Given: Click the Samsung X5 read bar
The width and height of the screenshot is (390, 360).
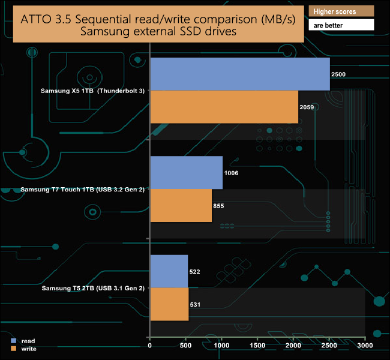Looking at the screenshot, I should click(240, 74).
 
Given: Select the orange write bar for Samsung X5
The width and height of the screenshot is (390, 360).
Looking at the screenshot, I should click(224, 107).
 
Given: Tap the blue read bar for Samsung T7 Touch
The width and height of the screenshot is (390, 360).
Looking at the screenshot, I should click(186, 173).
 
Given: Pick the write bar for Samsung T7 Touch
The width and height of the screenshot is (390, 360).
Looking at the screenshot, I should click(181, 206).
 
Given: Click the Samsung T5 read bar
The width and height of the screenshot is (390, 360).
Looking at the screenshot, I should click(169, 271).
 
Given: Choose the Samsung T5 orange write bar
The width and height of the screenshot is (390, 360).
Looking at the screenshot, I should click(169, 304).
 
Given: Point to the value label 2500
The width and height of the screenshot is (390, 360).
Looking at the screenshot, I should click(338, 74).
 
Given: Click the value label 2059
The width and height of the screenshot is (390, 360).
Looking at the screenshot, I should click(307, 107).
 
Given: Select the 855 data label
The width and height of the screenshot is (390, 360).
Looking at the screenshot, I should click(218, 206).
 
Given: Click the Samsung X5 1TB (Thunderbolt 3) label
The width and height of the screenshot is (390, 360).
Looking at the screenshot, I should click(92, 91).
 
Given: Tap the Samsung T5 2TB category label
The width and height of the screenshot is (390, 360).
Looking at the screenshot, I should click(93, 288).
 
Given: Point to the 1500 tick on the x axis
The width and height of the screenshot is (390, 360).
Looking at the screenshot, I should click(257, 346).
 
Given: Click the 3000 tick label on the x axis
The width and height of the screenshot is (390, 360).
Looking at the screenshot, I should click(365, 346).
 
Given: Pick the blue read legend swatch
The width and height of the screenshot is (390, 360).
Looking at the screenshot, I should click(13, 341).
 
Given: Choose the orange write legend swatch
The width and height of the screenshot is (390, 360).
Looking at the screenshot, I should click(13, 348).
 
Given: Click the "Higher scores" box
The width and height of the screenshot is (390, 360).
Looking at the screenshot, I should click(340, 11).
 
